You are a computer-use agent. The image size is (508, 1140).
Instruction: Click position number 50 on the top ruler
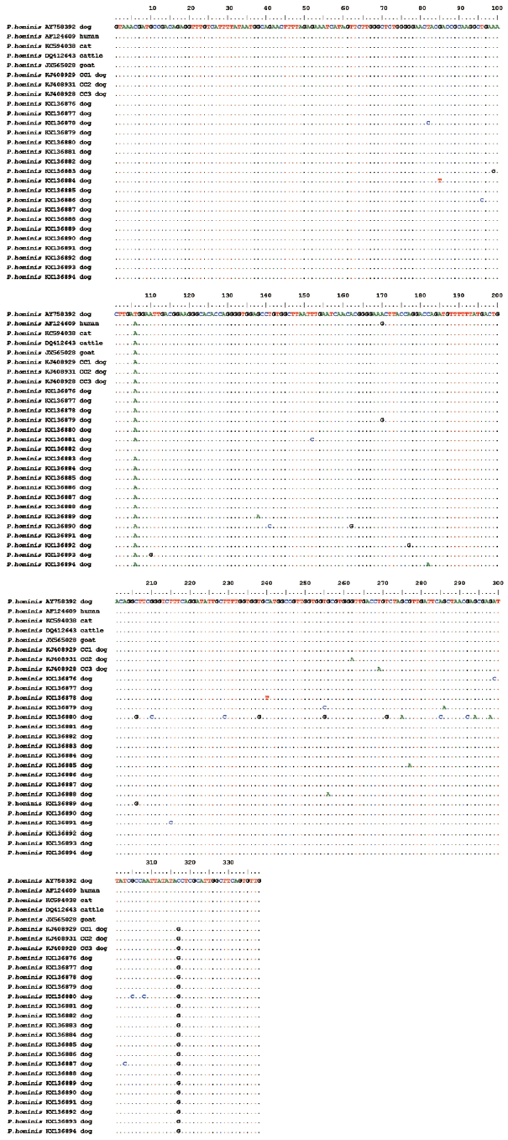click(x=306, y=8)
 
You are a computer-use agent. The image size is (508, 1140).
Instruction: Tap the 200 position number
click(x=496, y=296)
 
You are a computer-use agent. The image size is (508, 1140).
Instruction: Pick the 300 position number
click(x=497, y=583)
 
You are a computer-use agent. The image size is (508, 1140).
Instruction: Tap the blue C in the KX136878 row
click(x=427, y=123)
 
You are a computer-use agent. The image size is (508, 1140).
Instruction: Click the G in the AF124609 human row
click(x=382, y=323)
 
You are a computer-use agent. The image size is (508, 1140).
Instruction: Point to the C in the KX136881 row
click(x=312, y=439)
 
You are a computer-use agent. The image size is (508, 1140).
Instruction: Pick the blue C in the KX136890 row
click(x=270, y=526)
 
